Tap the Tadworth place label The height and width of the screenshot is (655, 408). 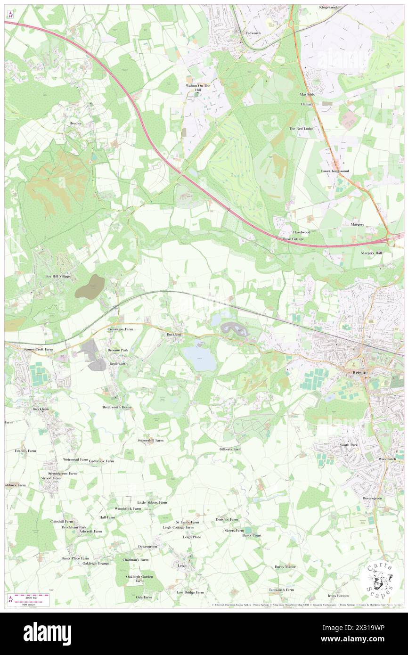tap(253, 33)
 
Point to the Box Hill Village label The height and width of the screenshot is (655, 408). tap(57, 276)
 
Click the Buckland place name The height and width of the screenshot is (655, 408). tap(174, 334)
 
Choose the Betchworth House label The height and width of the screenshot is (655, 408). tap(117, 407)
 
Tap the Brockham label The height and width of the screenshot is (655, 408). tap(41, 409)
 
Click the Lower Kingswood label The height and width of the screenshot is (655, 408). tap(335, 171)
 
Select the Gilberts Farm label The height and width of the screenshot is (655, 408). tap(230, 449)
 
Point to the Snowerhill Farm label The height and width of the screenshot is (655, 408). tap(150, 440)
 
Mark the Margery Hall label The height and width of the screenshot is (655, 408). tap(372, 253)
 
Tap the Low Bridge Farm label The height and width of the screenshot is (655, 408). tap(190, 592)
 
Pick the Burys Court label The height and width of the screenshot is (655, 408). tap(252, 536)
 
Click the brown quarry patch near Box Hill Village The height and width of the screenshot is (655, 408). tap(90, 287)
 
